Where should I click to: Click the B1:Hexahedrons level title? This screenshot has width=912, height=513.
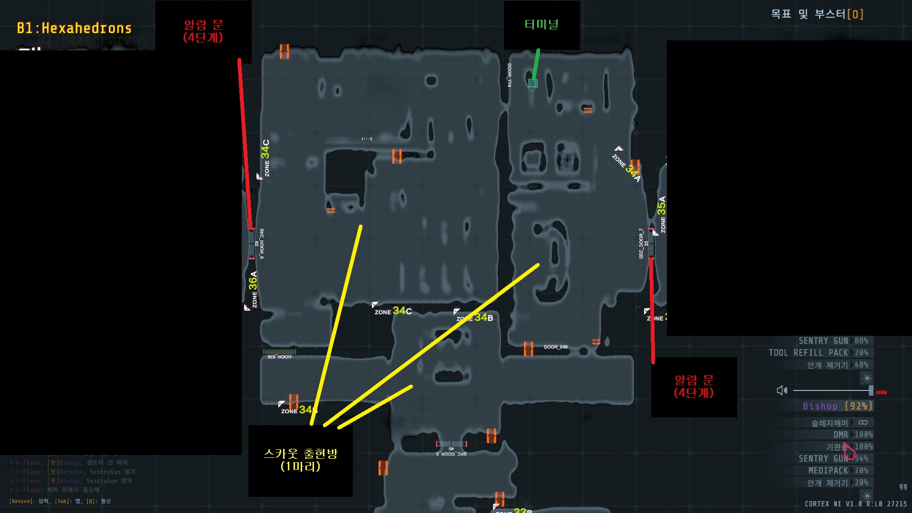[x=74, y=28]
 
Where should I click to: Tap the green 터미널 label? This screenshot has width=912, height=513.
[x=541, y=24]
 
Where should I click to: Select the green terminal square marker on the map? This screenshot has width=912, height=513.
[x=533, y=83]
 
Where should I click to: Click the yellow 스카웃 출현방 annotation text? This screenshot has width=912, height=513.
[x=300, y=460]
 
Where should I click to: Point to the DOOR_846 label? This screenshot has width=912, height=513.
[x=556, y=347]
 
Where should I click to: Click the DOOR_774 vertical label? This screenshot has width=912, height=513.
[x=509, y=75]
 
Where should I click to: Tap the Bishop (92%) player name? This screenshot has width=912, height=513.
[x=837, y=406]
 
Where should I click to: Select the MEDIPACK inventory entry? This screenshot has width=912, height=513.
[x=828, y=471]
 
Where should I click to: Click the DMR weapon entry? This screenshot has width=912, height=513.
[x=840, y=435]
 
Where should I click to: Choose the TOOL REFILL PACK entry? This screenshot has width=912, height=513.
[x=808, y=353]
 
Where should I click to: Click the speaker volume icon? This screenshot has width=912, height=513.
[x=782, y=390]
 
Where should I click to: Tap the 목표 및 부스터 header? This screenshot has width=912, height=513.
[x=817, y=14]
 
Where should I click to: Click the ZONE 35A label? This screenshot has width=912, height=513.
[x=662, y=214]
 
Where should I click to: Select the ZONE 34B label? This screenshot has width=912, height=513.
[x=475, y=318]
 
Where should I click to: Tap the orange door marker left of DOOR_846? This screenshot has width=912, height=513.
[x=528, y=348]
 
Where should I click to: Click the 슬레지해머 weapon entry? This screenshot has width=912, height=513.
[x=829, y=423]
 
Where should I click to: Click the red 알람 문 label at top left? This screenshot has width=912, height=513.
[x=203, y=31]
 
